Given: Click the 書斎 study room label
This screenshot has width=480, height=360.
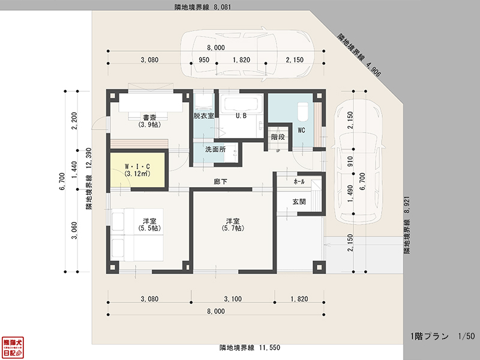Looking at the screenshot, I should [x=149, y=121].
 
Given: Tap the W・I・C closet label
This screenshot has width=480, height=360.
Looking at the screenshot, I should [x=137, y=170].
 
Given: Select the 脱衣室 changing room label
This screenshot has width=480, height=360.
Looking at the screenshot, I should [x=204, y=116].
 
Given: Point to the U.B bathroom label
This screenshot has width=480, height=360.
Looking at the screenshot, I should [x=242, y=116].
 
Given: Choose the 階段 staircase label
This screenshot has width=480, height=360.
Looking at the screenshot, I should [x=277, y=137].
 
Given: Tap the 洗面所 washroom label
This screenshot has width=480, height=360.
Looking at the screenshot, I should [x=215, y=149].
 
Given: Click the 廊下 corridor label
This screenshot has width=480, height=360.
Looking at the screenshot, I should [x=220, y=181].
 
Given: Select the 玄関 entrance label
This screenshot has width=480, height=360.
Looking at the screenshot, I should [x=299, y=202].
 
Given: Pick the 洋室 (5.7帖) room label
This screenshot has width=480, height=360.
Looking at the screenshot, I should [x=232, y=224].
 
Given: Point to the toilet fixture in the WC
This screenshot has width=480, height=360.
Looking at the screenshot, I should [x=302, y=111].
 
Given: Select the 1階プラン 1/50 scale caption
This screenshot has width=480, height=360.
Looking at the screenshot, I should [x=434, y=336].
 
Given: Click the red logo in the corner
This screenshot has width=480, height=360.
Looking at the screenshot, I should [x=13, y=347].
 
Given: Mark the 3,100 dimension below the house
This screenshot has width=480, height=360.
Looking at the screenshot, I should [x=232, y=299].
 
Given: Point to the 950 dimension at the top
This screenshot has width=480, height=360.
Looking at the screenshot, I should [x=204, y=60].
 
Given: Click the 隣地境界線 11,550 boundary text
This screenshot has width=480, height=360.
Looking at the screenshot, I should [x=249, y=347].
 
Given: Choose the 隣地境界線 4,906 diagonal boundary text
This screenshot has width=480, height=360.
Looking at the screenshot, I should [x=359, y=55].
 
